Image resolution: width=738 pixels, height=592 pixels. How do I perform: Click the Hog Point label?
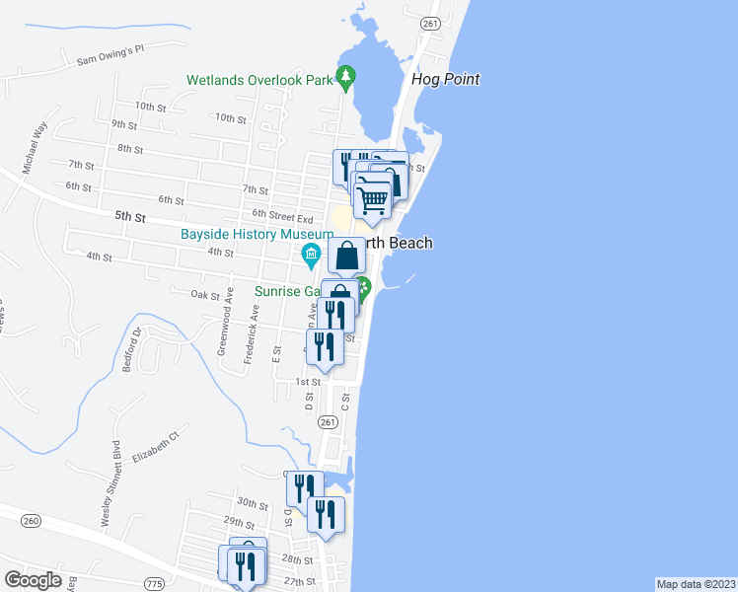447,79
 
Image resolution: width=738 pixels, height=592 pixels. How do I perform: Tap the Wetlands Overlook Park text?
260,79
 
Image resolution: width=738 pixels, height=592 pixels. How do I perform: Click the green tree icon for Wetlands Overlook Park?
345,77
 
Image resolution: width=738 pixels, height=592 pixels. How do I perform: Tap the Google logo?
34,579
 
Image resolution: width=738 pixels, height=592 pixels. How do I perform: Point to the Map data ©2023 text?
696,584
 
